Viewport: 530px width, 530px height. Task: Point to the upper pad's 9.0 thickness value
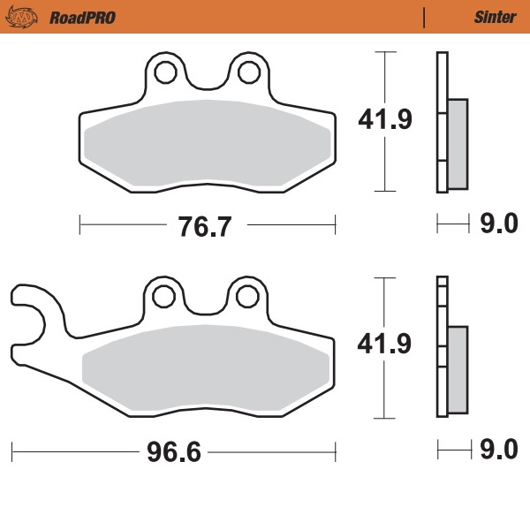click(498, 225)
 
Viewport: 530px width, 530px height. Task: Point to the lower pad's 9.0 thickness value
click(498, 451)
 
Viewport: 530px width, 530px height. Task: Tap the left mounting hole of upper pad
click(165, 72)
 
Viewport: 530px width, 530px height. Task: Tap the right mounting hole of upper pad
click(246, 72)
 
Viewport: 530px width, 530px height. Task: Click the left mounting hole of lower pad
click(164, 297)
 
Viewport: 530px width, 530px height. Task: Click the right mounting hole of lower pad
click(246, 297)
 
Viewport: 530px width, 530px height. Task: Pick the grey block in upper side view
click(458, 144)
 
